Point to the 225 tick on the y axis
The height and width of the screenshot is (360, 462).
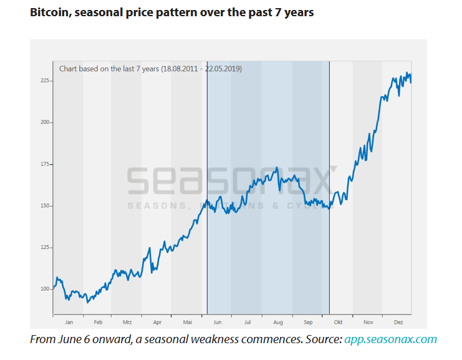45,80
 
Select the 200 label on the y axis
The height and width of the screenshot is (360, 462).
45,122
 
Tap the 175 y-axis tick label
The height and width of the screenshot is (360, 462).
45,164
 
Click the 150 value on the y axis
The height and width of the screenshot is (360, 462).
45,205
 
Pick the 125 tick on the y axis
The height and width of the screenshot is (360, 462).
45,247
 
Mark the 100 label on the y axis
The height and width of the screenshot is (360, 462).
45,289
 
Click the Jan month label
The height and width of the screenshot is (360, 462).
69,323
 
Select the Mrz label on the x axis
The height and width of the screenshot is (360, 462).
127,323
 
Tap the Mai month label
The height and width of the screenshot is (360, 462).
188,323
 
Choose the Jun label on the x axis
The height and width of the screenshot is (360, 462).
218,323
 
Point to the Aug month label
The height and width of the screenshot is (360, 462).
278,323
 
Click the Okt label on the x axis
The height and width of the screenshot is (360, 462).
339,323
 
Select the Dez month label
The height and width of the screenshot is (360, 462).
398,323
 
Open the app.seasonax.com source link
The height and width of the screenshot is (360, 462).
390,339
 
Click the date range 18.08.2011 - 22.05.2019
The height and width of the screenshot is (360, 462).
201,69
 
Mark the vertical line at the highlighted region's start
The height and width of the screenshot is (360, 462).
207,187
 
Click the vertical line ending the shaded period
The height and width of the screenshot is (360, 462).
329,187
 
